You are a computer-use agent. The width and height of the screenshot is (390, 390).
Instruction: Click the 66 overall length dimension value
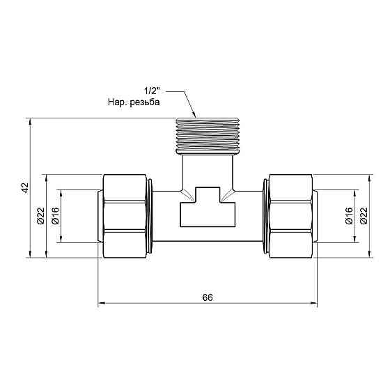coord(207,297)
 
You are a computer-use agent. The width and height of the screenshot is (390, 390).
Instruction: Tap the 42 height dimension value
coord(24,188)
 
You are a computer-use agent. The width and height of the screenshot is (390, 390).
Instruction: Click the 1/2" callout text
coord(153,91)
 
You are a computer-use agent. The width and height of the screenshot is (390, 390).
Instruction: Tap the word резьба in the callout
coord(146,102)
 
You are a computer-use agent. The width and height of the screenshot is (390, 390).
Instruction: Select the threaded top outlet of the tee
coord(207,134)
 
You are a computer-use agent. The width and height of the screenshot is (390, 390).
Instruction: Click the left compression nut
coord(125,217)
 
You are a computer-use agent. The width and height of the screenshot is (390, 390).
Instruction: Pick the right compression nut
coord(289,217)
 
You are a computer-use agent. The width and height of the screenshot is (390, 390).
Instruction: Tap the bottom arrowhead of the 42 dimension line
coord(30,254)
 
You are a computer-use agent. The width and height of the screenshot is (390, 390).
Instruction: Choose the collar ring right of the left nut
coord(152,217)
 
